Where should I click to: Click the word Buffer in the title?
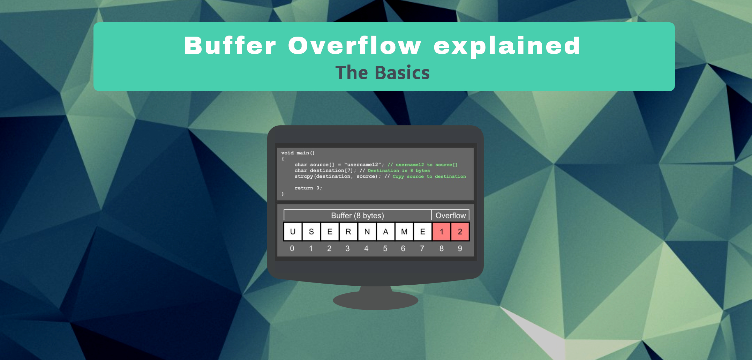pos(230,46)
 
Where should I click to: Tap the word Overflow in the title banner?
pos(355,46)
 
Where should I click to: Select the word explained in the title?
pos(507,46)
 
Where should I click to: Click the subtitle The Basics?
pos(382,73)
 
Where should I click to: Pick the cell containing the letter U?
pos(293,232)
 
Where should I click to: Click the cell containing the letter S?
pos(311,232)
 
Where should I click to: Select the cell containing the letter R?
pos(348,232)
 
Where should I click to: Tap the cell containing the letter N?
pos(367,232)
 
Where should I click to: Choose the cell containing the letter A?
pos(385,232)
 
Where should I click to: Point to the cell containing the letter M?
pos(404,232)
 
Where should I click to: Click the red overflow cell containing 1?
pos(442,232)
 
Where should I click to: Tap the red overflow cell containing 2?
pos(460,232)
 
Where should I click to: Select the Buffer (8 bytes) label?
pos(358,215)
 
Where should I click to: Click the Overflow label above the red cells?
pos(450,215)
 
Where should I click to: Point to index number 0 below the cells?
pos(292,248)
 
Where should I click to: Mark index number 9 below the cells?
pos(460,248)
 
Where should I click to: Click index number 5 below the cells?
pos(385,248)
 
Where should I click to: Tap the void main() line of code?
pos(298,153)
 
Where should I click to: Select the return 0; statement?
pos(308,188)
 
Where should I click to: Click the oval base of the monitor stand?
pos(376,300)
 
